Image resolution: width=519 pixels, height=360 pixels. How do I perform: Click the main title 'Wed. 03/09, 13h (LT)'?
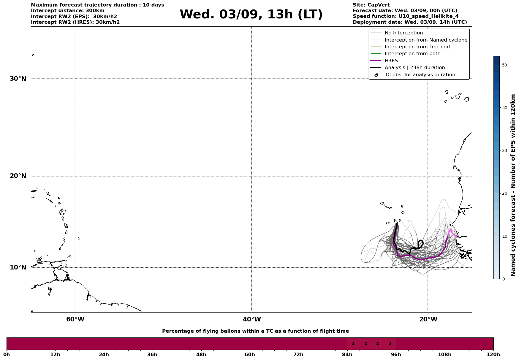pyautogui.click(x=251, y=15)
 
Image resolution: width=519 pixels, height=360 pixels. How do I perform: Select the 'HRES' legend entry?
pyautogui.click(x=391, y=61)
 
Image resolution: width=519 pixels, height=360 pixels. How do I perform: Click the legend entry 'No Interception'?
pyautogui.click(x=404, y=33)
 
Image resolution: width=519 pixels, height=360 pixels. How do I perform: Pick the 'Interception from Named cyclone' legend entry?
pyautogui.click(x=426, y=40)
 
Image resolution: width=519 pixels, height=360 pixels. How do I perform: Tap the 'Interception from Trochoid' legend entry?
pyautogui.click(x=417, y=47)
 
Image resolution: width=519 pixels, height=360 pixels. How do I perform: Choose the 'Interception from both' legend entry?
pyautogui.click(x=412, y=54)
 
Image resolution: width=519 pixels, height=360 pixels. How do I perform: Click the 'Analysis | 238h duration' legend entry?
pyautogui.click(x=414, y=68)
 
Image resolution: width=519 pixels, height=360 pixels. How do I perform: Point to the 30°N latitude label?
pyautogui.click(x=18, y=79)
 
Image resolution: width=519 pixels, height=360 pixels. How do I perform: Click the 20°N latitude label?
pyautogui.click(x=18, y=176)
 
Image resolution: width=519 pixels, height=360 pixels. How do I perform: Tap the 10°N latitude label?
pyautogui.click(x=18, y=267)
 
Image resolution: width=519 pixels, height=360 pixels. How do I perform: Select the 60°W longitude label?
pyautogui.click(x=75, y=319)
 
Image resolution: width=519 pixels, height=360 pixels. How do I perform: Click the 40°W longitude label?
pyautogui.click(x=252, y=319)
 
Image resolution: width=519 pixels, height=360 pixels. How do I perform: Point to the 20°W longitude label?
pyautogui.click(x=428, y=319)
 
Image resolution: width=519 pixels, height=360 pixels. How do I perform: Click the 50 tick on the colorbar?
pyautogui.click(x=504, y=65)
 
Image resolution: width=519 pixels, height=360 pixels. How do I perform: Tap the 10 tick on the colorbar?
pyautogui.click(x=504, y=236)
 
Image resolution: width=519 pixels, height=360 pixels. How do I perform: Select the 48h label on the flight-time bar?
pyautogui.click(x=201, y=355)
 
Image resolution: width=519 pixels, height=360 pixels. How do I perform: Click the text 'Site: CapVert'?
pyautogui.click(x=371, y=5)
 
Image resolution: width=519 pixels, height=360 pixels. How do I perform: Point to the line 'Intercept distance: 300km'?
pyautogui.click(x=67, y=11)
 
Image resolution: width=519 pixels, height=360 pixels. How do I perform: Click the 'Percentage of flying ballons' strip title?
pyautogui.click(x=255, y=331)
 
